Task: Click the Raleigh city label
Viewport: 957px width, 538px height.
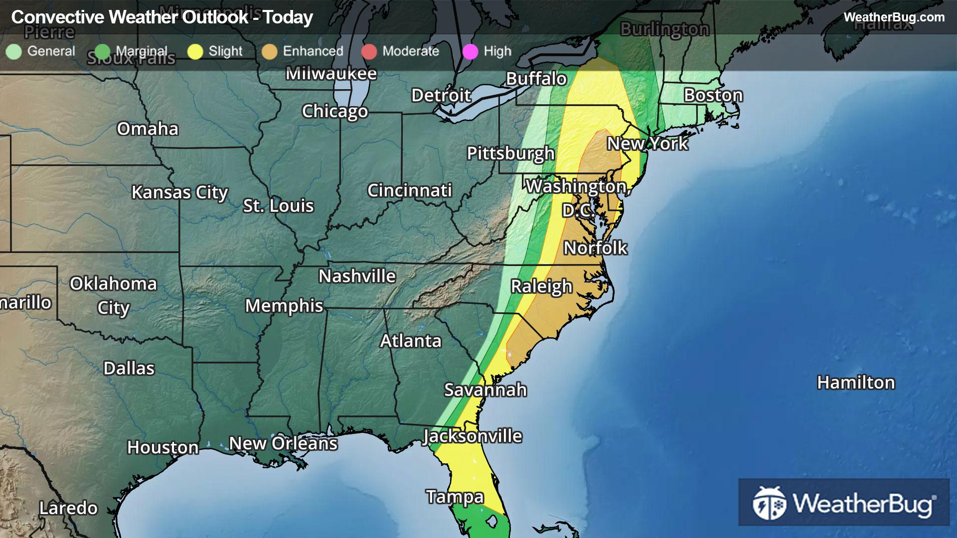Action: coord(541,287)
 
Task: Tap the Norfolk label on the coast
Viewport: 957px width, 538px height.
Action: coord(595,248)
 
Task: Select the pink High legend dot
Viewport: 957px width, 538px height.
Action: coord(470,51)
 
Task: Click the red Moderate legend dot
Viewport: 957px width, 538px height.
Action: coord(369,51)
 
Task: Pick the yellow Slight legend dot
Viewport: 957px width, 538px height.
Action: coord(195,51)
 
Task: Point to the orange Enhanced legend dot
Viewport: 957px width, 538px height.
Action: coord(269,51)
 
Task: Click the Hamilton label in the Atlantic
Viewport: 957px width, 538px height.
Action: coord(856,383)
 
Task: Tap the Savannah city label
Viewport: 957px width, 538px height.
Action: coord(485,390)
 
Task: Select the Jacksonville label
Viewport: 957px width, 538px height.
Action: coord(472,436)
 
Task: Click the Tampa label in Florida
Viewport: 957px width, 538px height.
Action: coord(455,497)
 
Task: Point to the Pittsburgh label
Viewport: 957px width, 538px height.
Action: coord(510,153)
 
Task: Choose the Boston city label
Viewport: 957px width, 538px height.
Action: coord(713,95)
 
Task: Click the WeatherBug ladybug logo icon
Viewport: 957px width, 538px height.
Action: coord(769,503)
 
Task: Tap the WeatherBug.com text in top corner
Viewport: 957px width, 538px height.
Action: coord(894,17)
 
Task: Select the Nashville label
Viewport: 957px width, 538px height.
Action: coord(357,276)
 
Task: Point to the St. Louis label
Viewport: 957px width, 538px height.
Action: coord(278,206)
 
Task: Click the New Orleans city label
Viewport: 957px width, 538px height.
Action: coord(283,443)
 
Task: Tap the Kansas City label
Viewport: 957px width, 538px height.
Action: coord(179,192)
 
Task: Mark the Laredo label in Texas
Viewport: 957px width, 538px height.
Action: coord(68,508)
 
